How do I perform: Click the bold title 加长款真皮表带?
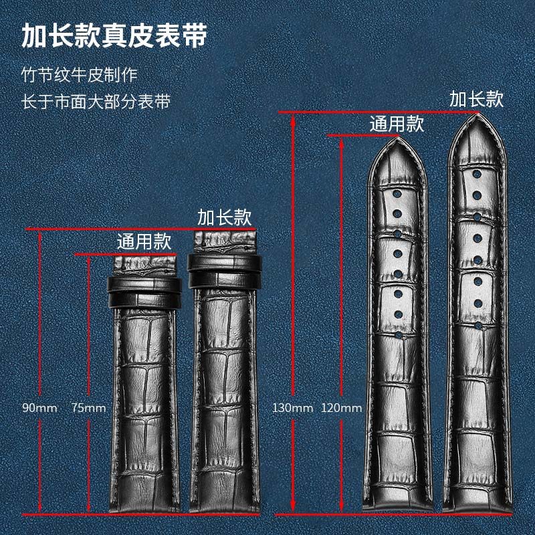114,35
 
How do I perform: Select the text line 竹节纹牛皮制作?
79,74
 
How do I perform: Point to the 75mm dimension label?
88,407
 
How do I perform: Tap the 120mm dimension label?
342,407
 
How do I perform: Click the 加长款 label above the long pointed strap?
476,99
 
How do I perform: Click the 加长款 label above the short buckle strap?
224,217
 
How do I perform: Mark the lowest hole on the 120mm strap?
397,332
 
